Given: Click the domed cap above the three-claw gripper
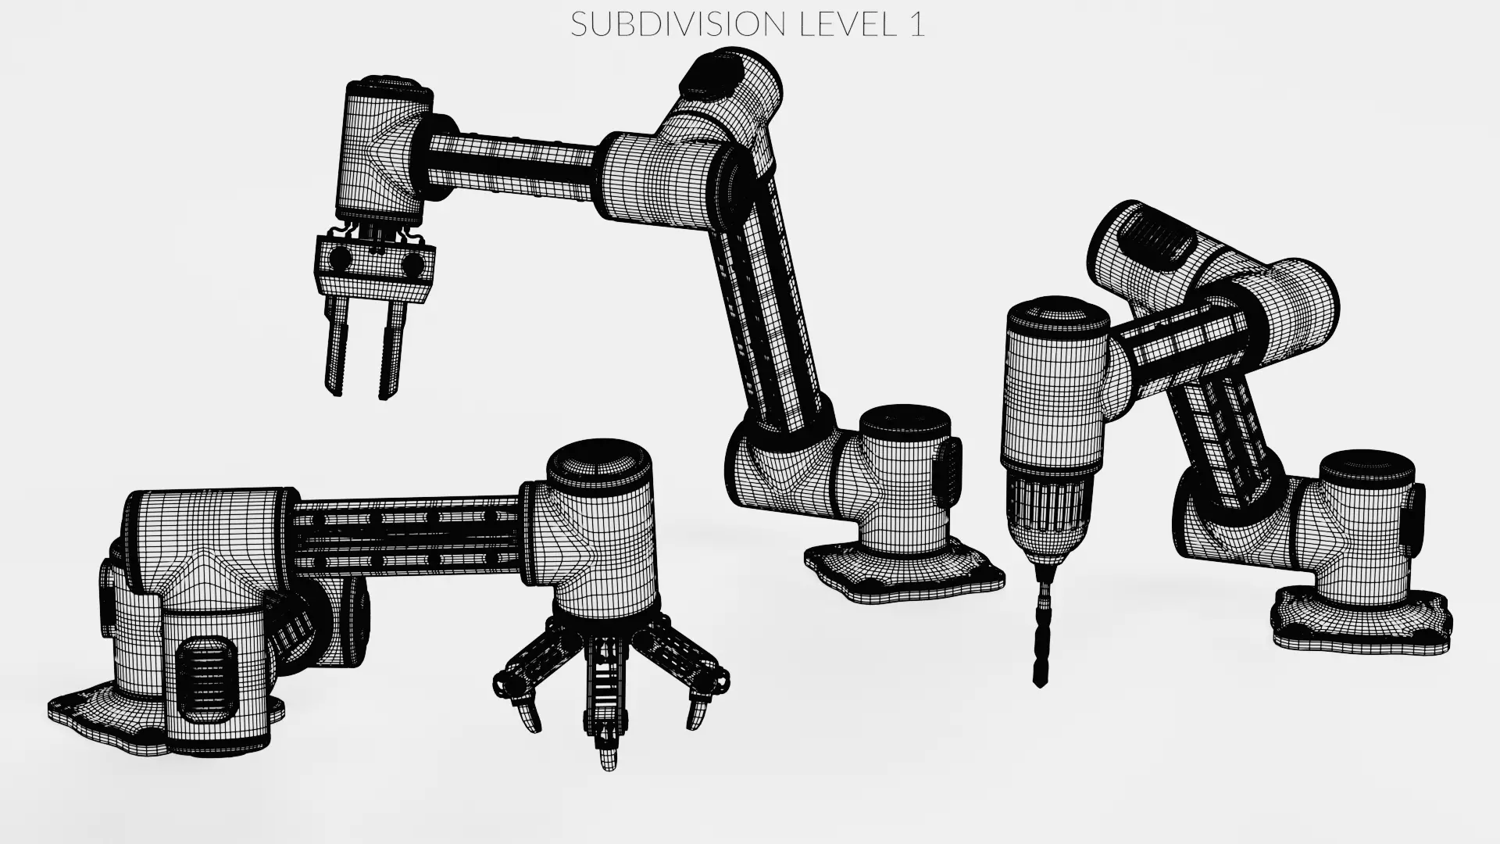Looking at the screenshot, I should point(598,461).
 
